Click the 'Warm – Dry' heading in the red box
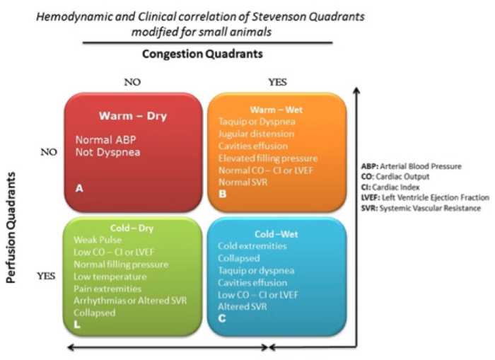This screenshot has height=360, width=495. [x=133, y=116]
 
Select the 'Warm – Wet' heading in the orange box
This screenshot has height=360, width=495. [x=276, y=110]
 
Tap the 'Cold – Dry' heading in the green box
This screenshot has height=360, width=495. [x=132, y=228]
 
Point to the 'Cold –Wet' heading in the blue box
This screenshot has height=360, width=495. [x=276, y=234]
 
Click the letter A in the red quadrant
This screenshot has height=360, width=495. [x=79, y=189]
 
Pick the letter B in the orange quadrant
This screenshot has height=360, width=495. [x=223, y=194]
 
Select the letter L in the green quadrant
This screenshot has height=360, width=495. [x=76, y=325]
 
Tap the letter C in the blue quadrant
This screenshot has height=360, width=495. [x=222, y=318]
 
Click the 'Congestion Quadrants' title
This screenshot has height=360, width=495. [x=202, y=54]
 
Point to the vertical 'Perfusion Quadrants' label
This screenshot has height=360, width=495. [x=11, y=227]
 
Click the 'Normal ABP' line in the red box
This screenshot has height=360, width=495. [x=106, y=139]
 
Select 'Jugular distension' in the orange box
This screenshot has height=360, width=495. [x=256, y=134]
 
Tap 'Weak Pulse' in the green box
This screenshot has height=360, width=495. [x=98, y=240]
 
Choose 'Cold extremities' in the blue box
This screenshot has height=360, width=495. [x=252, y=246]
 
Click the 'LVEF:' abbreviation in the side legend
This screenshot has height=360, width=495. [x=371, y=198]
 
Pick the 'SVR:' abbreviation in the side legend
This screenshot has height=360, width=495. [x=369, y=209]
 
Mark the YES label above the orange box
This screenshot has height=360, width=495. [x=277, y=82]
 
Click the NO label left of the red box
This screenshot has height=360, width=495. [x=49, y=152]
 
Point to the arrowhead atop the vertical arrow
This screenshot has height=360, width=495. [x=356, y=91]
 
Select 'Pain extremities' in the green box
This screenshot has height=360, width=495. [x=107, y=289]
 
